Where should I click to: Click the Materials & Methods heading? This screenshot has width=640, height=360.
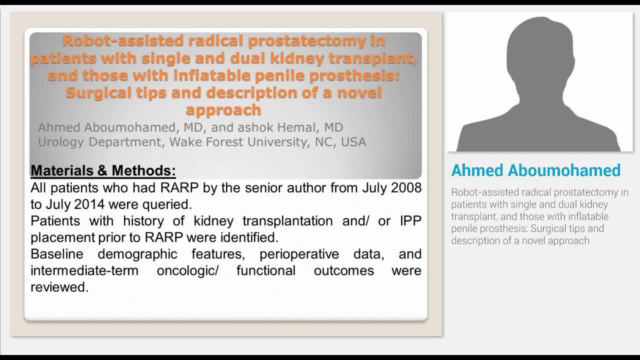click(x=103, y=170)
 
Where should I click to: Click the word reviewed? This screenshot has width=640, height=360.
click(x=59, y=287)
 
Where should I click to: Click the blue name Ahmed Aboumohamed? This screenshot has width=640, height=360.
click(x=535, y=170)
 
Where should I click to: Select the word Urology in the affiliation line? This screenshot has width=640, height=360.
click(x=61, y=142)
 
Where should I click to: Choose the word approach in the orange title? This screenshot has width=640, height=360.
click(x=223, y=109)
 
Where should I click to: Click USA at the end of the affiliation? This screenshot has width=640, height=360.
click(x=353, y=142)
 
